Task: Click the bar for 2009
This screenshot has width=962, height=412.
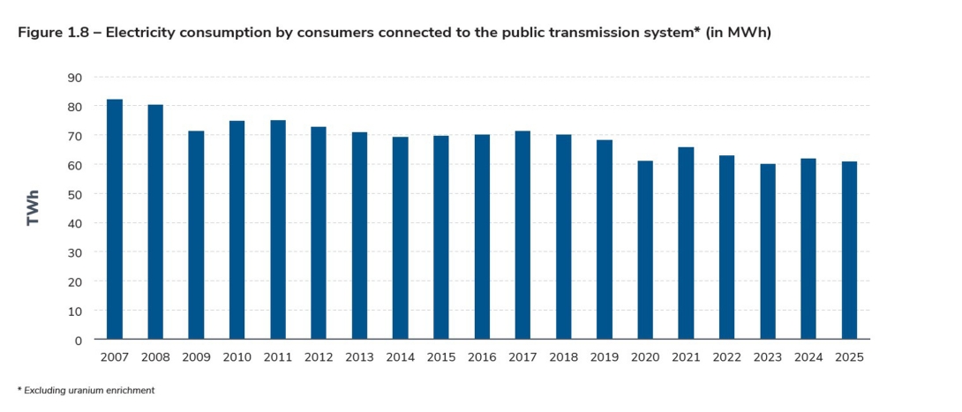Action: click(196, 235)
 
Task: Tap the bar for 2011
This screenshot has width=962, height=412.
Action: click(278, 229)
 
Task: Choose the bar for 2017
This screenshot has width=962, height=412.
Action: click(522, 235)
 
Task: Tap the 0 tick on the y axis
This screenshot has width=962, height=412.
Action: click(79, 340)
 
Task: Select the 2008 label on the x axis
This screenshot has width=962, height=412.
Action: click(155, 357)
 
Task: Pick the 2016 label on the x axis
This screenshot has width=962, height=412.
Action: click(482, 357)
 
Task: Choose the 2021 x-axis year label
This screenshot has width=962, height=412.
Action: click(686, 357)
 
